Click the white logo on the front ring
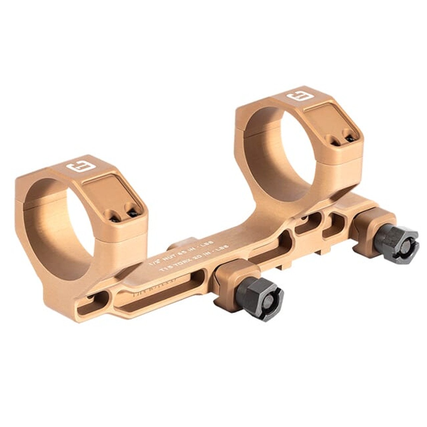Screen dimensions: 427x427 pyautogui.click(x=77, y=166)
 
